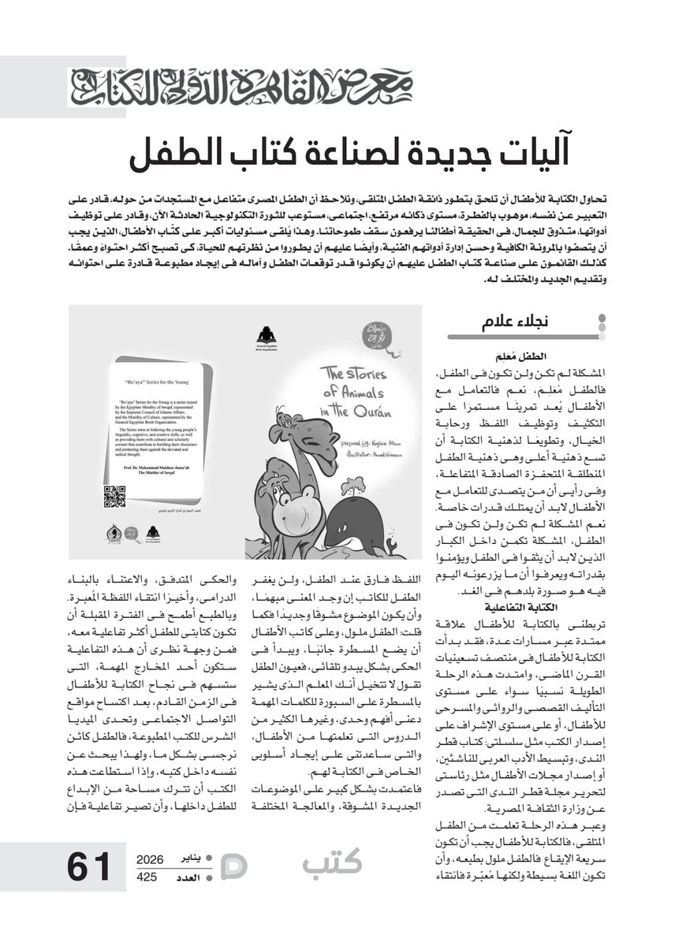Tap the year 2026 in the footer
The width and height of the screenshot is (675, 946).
[x=150, y=859]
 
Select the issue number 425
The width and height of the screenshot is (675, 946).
[x=147, y=876]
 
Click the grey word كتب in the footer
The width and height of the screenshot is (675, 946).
[x=332, y=863]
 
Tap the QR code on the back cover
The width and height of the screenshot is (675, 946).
[x=115, y=497]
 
